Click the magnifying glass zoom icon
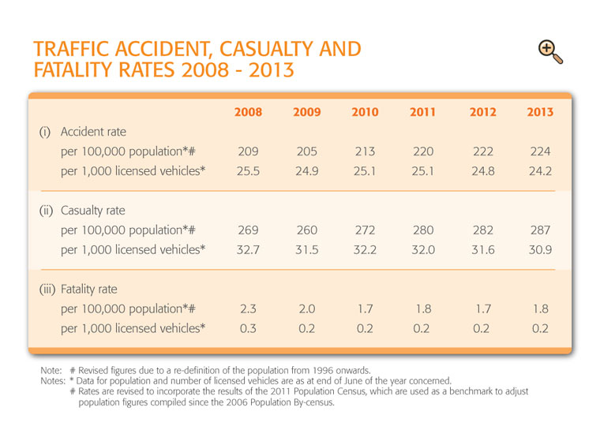tap(550, 51)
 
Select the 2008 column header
tap(248, 112)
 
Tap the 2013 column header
tap(540, 112)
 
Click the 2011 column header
tap(422, 112)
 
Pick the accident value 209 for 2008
tap(248, 151)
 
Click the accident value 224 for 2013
tap(540, 151)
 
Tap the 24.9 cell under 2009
tap(306, 171)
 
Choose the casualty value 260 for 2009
tap(306, 230)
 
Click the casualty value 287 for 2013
tap(540, 230)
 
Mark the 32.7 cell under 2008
tap(248, 249)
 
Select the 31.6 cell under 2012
tap(483, 249)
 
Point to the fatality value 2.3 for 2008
tap(248, 309)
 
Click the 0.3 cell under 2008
tap(248, 328)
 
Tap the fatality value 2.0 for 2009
tap(306, 309)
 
